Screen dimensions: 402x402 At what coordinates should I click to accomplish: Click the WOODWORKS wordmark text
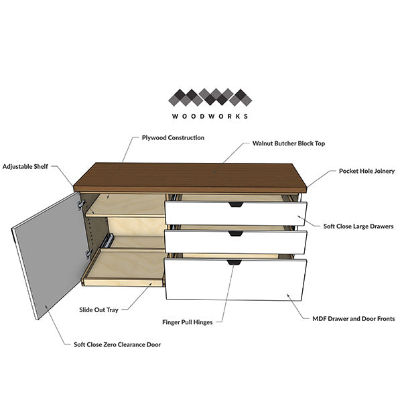tap(210, 116)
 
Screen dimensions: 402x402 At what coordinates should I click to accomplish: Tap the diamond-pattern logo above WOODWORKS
tap(210, 97)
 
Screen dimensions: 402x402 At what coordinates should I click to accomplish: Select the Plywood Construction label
tap(173, 137)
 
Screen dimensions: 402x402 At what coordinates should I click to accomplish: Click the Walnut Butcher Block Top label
tap(289, 143)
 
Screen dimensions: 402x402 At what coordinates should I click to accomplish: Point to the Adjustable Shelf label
tap(25, 167)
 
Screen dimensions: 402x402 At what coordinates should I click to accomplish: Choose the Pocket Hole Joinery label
tap(366, 171)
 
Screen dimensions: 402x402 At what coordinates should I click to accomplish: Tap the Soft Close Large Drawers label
tap(358, 226)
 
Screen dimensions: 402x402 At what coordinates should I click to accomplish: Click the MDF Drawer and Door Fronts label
tap(354, 319)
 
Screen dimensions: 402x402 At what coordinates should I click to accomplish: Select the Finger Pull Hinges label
tap(188, 322)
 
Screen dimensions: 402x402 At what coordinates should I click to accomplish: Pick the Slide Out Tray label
tap(98, 310)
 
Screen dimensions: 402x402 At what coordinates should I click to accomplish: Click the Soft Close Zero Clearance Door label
tap(117, 344)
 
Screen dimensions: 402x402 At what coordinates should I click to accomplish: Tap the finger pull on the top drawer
tap(236, 204)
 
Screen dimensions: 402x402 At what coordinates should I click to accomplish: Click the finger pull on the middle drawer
tap(236, 234)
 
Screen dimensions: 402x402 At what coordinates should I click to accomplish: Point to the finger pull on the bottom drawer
tap(234, 262)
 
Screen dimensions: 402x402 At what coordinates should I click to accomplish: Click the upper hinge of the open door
tap(82, 204)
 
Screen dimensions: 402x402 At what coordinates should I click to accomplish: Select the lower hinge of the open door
tap(88, 253)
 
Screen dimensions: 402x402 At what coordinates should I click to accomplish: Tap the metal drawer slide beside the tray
tap(107, 241)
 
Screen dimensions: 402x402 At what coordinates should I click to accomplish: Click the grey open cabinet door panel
tap(50, 256)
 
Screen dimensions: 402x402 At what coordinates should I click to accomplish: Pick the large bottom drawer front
tap(236, 279)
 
